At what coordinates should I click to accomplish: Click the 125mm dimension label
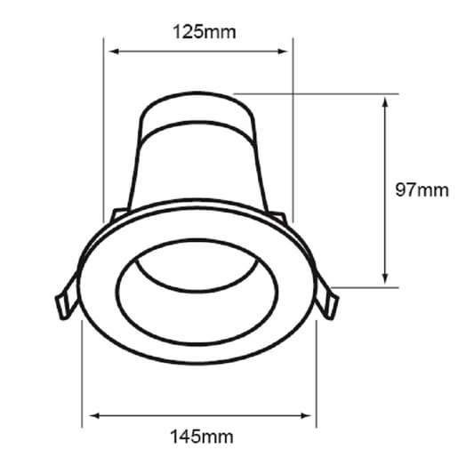click(205, 32)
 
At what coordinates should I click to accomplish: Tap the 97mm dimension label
click(422, 189)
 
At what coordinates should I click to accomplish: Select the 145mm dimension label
click(202, 437)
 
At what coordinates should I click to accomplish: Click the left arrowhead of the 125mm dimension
click(114, 52)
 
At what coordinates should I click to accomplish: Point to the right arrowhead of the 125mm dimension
click(283, 52)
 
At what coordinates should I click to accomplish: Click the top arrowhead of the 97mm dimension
click(385, 101)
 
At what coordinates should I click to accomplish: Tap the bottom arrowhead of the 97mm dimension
click(385, 278)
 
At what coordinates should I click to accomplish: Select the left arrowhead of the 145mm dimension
click(94, 416)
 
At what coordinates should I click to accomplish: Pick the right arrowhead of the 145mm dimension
click(306, 416)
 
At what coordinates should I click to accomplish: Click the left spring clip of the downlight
click(67, 296)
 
